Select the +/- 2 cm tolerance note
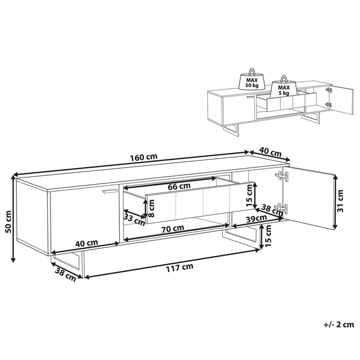coord(339,325)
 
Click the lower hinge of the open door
coord(281,209)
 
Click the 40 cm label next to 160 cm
coord(269,153)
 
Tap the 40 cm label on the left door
coord(86,243)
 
